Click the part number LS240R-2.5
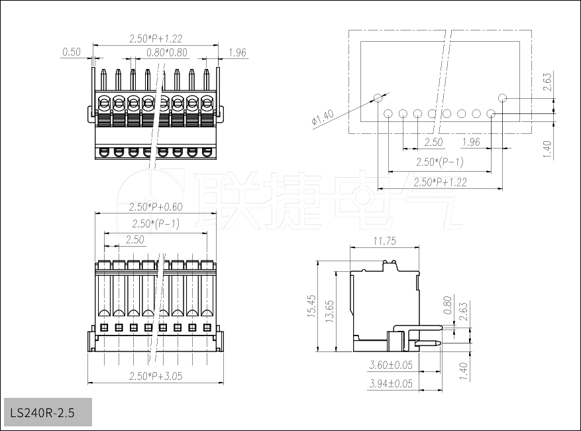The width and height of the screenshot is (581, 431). pos(42,413)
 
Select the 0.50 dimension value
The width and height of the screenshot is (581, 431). pos(71,52)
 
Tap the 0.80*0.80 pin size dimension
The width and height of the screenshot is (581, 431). pos(166,52)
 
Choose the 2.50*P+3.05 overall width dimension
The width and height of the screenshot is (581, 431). pos(155,376)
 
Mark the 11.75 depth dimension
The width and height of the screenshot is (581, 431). pos(384,241)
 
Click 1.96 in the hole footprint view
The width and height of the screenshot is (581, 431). pos(471,143)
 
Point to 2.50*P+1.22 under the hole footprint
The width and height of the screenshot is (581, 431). pos(440,182)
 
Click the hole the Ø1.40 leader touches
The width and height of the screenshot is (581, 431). pos(378,98)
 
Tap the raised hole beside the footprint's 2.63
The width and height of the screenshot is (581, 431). pos(503,98)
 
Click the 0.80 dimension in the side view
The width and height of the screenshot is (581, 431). pos(447,306)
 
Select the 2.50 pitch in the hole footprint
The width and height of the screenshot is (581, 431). pos(433,143)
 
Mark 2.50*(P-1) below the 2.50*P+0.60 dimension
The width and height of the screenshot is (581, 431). pos(155,224)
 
